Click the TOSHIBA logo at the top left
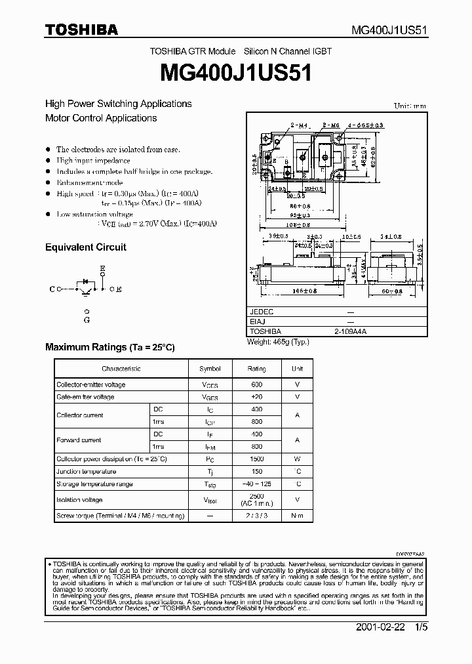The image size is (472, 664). click(81, 29)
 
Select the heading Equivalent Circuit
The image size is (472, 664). click(85, 247)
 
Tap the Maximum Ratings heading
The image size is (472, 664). click(110, 347)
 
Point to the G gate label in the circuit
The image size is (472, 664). click(87, 320)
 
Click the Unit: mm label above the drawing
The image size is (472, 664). click(410, 106)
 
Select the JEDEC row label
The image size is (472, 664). click(262, 312)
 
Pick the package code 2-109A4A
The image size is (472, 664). click(350, 332)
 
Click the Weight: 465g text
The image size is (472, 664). click(277, 342)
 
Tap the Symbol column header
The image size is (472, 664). click(210, 369)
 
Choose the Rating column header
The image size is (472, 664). click(257, 369)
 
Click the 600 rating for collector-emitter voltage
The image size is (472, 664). click(257, 384)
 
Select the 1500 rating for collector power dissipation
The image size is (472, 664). click(257, 459)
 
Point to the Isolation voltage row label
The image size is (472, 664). click(79, 500)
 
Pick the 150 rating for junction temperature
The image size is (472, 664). click(257, 472)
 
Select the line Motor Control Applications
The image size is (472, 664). click(101, 118)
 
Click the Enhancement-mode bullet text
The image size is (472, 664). click(90, 182)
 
